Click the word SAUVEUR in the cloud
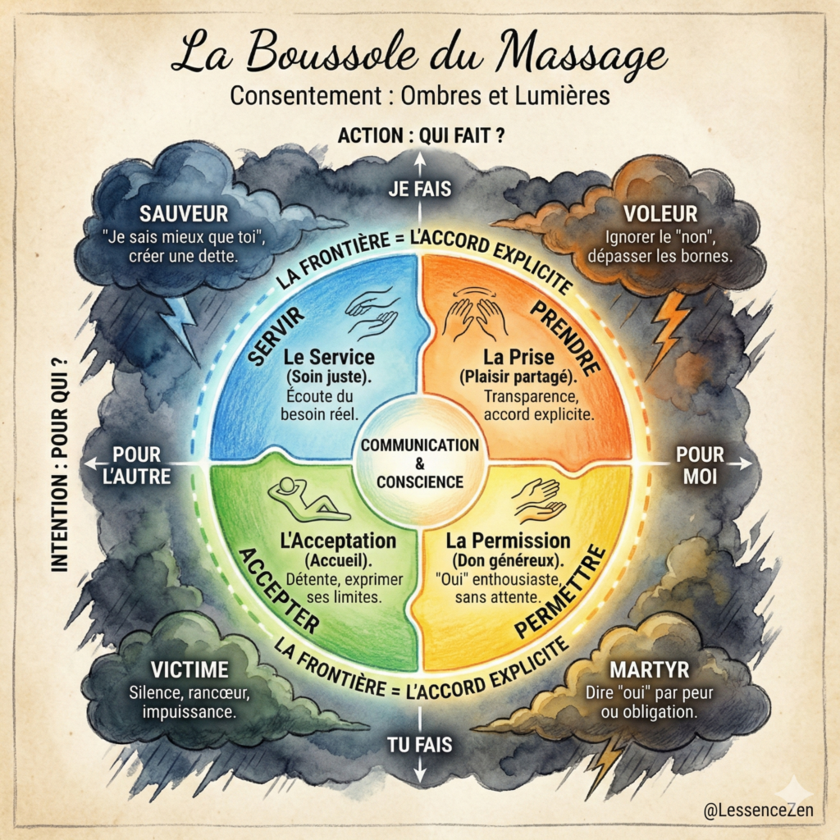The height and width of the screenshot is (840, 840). [x=183, y=214]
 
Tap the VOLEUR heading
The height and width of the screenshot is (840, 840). [x=660, y=214]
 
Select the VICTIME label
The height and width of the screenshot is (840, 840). [x=189, y=669]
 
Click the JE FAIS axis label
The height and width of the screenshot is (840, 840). [x=420, y=189]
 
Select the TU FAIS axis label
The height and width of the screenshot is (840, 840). [x=420, y=744]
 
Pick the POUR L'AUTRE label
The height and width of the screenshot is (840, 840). [x=137, y=465]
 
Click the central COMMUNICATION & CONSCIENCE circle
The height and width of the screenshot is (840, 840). [x=420, y=462]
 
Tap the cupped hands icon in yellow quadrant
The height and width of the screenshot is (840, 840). [x=540, y=500]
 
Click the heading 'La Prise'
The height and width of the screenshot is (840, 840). [x=516, y=358]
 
